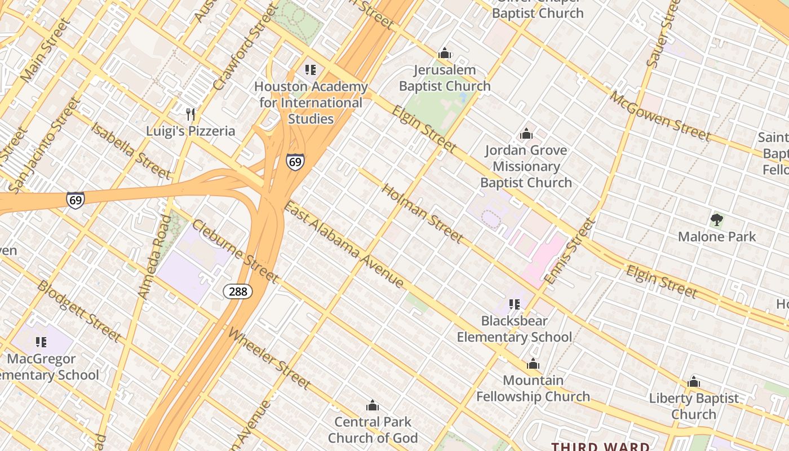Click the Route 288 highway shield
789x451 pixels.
coord(238,291)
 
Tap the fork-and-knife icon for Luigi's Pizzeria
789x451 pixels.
coord(190,114)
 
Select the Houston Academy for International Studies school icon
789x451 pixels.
coord(311,70)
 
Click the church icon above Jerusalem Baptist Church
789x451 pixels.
coord(445,54)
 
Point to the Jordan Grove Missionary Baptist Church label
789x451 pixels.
coord(526,166)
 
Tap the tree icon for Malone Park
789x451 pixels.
coord(716,220)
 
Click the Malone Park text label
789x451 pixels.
coord(716,236)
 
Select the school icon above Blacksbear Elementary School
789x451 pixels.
coord(515,304)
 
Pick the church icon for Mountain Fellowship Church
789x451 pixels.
coord(533,364)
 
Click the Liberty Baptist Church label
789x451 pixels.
coord(693,406)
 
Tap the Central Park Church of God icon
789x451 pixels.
coord(373,405)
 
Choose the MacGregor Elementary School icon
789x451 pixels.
coord(41,342)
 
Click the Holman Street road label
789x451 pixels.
coord(423,214)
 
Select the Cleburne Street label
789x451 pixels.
coord(235,251)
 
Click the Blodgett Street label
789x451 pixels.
coord(79,311)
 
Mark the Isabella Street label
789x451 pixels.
coord(130,150)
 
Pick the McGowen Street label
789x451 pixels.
coord(660,117)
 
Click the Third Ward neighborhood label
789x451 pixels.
coord(600,446)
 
